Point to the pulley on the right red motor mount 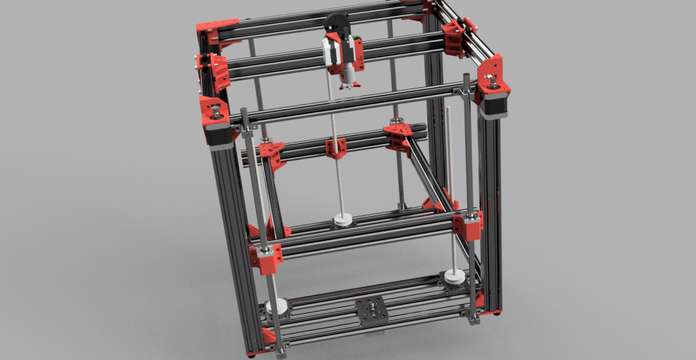click(491, 80)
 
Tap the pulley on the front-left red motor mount click(215, 112)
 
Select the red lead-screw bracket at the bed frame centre click(336, 148)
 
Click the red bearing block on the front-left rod click(266, 258)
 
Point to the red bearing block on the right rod click(468, 225)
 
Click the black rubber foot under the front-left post click(251, 356)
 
